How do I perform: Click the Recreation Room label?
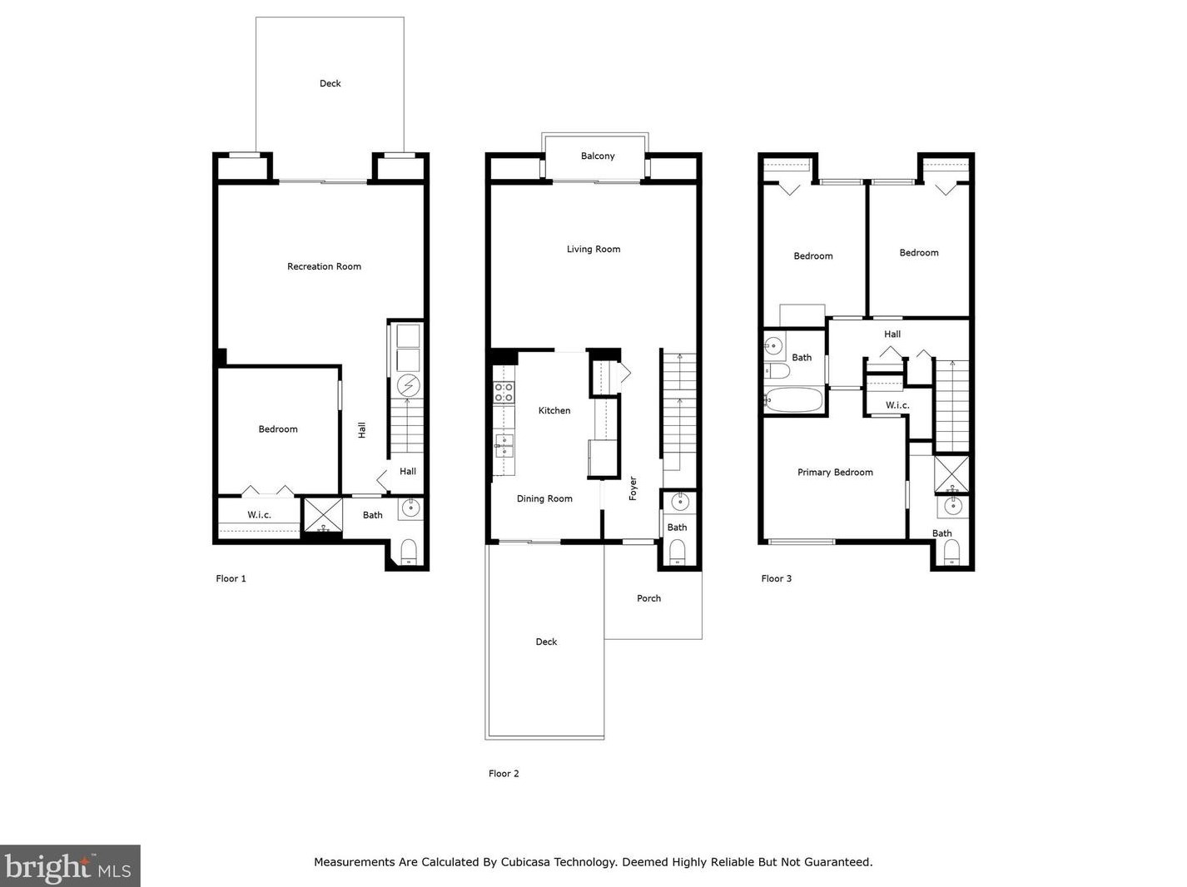coord(324,266)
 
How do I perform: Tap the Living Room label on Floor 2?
coord(593,249)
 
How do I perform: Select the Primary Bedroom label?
coord(835,473)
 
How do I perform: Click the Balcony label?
coord(598,156)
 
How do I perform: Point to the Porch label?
coord(648,598)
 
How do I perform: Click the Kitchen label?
coord(554,411)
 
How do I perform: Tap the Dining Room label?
coord(544,499)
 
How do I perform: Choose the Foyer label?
coord(633,488)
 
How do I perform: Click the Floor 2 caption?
coord(504,774)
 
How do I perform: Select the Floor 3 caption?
coord(776,578)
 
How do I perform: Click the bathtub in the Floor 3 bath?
coord(794,400)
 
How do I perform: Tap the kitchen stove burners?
coord(504,392)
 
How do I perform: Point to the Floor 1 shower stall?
coord(323,515)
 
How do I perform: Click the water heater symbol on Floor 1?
coord(408,385)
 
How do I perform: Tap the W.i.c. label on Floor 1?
coord(259,515)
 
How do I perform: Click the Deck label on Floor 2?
coord(546,642)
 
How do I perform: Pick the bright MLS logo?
coord(70,866)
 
